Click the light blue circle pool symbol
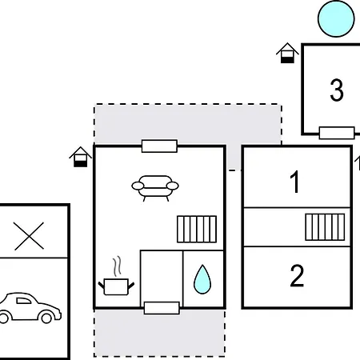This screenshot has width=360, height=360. tap(336, 18)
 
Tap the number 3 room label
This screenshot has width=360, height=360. tap(337, 90)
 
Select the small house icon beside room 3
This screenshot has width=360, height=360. tap(287, 53)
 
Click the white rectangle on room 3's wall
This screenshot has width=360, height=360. tap(337, 133)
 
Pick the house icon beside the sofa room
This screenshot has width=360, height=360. tap(80, 157)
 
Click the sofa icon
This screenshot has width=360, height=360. tap(155, 188)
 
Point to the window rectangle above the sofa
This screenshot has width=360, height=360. tap(159, 146)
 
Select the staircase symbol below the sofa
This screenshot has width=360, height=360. tap(197, 229)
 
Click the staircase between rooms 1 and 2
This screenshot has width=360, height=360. tap(325, 227)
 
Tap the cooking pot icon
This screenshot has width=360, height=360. tap(116, 286)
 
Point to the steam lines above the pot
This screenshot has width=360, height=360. tap(117, 266)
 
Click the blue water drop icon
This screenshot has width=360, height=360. tap(202, 279)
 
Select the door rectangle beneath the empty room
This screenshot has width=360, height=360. tap(162, 308)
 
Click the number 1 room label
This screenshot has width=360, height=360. tap(295, 182)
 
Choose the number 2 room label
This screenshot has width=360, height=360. tap(297, 276)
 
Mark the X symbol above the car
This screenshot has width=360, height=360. tap(29, 236)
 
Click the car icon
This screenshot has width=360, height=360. tap(30, 308)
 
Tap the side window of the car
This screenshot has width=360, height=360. tap(23, 301)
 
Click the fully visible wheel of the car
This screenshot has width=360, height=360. tap(46, 318)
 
